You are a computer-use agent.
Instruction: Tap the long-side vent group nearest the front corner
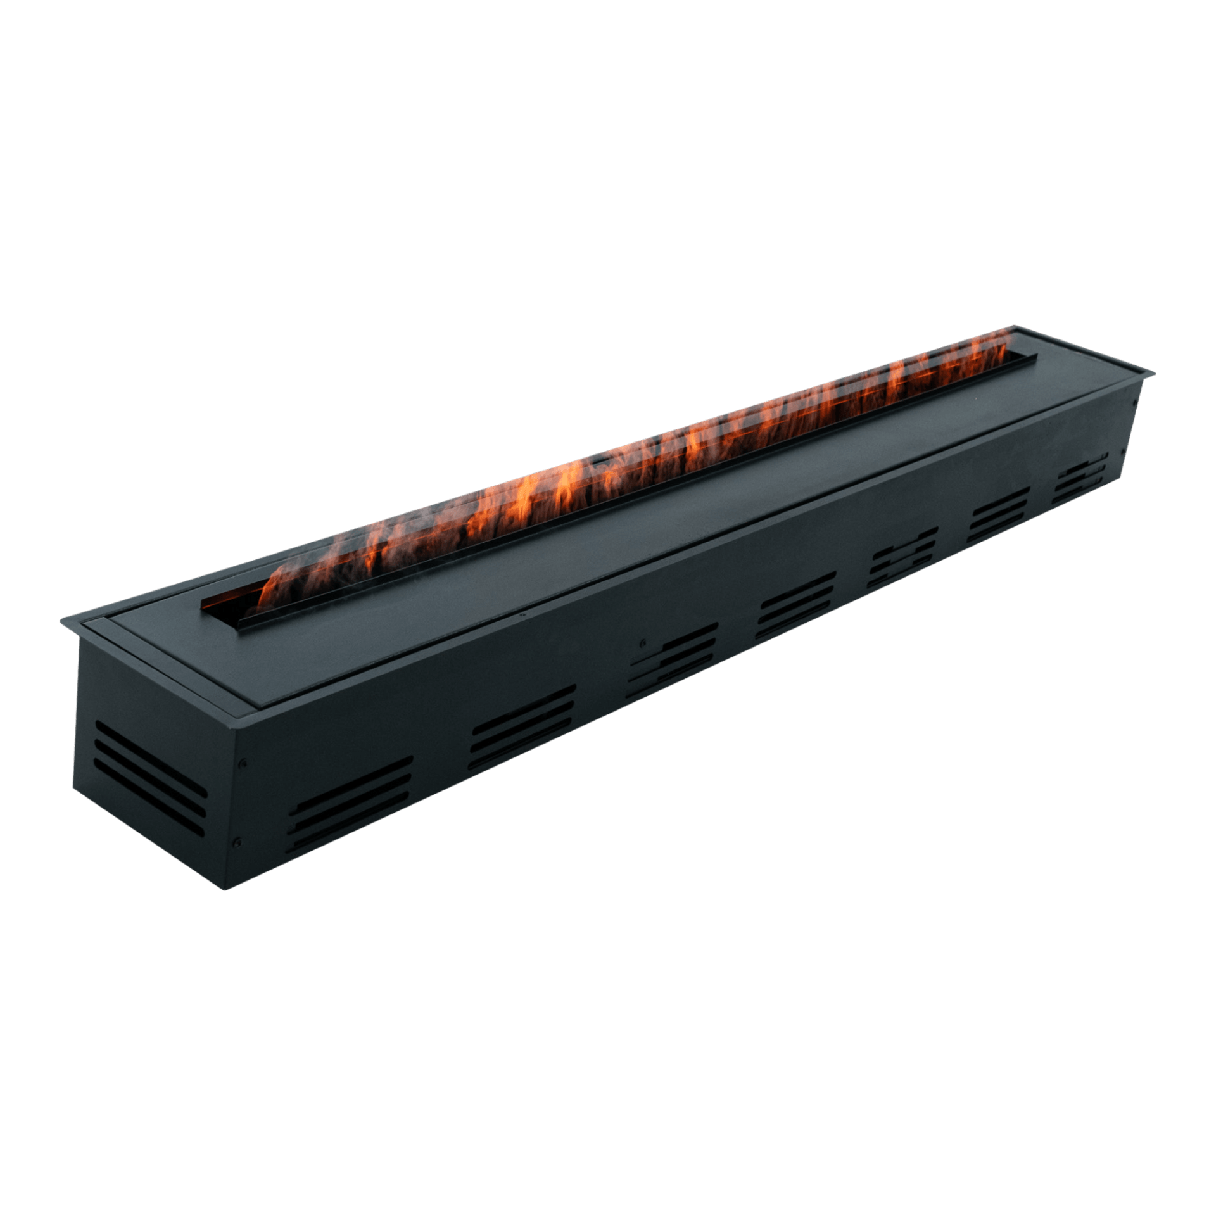[352, 803]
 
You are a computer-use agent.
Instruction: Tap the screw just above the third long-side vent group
[643, 642]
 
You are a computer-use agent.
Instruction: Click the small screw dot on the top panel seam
[521, 614]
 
